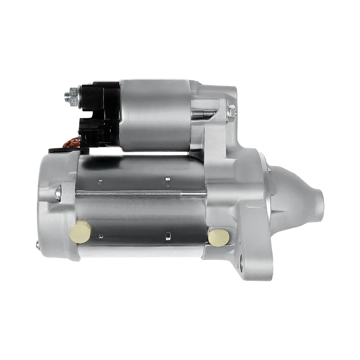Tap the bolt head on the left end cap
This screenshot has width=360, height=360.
tap(57, 192)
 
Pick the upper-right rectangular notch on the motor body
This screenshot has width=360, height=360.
tap(168, 180)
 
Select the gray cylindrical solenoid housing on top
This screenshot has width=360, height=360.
tap(154, 114)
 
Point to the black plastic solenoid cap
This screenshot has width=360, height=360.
tap(96, 114)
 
